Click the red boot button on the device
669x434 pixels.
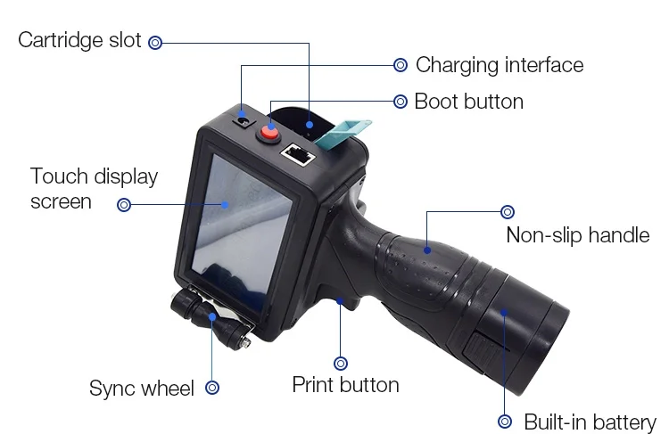[268, 133]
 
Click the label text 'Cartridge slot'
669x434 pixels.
[79, 40]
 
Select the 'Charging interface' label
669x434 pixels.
[500, 65]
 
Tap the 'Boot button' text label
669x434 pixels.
[468, 101]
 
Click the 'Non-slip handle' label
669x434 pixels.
[577, 235]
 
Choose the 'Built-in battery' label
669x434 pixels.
[590, 422]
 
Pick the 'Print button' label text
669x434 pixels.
[345, 385]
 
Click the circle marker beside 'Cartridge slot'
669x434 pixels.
[155, 42]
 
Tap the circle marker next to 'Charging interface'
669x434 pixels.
[401, 65]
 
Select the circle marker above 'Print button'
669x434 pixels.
[341, 363]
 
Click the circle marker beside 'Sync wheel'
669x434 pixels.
[212, 388]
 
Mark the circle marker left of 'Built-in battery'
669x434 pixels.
[505, 422]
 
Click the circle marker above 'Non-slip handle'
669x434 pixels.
[508, 212]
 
